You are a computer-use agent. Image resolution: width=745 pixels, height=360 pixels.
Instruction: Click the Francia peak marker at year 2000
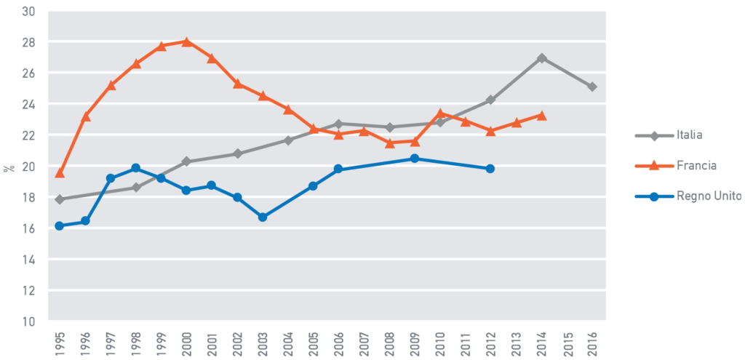[x=186, y=41]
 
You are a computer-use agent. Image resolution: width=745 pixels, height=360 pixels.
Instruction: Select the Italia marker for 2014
[x=541, y=57]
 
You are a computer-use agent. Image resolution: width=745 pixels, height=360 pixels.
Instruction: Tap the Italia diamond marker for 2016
[x=592, y=87]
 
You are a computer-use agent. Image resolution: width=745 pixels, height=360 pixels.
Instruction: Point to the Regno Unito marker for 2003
[x=263, y=217]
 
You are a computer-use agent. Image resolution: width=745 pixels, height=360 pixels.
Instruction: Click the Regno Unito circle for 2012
[x=490, y=168]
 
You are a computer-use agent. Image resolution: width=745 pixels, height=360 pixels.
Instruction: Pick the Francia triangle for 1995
[x=60, y=172]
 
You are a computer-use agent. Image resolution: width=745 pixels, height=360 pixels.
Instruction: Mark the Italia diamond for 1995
[x=60, y=199]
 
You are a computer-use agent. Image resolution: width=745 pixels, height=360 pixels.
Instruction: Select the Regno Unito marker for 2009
[x=415, y=158]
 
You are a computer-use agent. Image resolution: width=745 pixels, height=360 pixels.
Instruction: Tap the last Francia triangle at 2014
[x=541, y=115]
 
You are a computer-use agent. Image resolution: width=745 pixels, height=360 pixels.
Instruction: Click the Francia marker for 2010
[x=440, y=113]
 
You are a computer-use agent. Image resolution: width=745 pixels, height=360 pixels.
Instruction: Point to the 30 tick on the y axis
[x=28, y=11]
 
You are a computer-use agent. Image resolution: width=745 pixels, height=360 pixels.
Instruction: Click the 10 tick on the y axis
[x=28, y=321]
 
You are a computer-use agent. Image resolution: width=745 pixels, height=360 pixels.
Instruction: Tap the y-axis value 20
[x=28, y=166]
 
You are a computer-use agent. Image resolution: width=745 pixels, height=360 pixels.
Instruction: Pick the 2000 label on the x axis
[x=187, y=342]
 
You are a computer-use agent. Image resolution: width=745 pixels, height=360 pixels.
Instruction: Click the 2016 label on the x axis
[x=593, y=342]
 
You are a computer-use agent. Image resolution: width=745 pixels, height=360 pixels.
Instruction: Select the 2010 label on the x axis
[x=441, y=342]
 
